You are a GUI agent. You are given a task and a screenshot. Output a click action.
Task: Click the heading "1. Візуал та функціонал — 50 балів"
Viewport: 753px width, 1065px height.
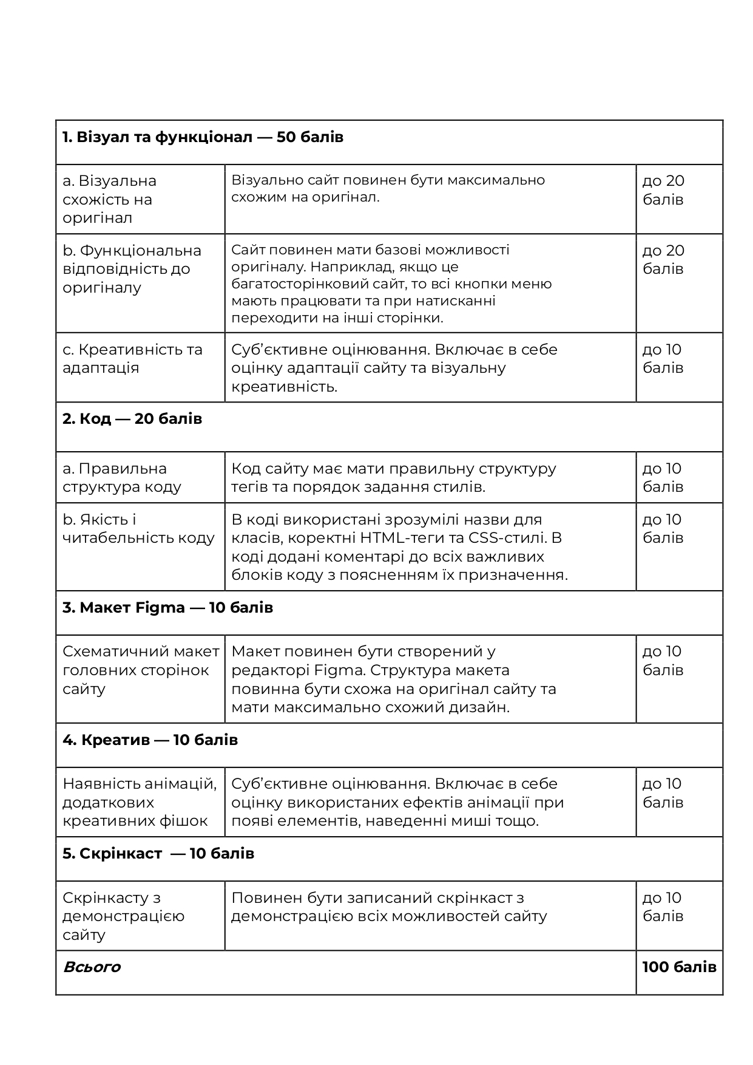203,137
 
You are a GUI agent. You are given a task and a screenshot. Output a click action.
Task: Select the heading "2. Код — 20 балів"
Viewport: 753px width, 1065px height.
132,419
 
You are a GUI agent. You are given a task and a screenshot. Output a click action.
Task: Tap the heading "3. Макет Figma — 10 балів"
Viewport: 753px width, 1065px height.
167,608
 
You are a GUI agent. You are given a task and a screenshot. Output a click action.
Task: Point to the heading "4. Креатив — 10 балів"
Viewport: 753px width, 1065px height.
150,740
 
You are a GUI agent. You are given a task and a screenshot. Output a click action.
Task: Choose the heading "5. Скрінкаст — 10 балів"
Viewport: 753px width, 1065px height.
158,854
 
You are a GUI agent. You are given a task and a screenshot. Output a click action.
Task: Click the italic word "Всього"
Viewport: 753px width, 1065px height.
92,967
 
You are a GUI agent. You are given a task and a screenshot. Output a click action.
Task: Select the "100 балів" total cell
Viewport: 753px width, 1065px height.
679,967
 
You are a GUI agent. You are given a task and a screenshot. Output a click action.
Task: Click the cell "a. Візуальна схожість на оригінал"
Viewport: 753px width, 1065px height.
109,199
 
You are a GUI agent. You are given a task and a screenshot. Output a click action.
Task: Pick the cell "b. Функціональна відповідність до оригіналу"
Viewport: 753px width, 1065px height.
132,269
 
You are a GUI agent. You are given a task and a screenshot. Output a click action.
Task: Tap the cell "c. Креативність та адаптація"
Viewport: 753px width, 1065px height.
132,359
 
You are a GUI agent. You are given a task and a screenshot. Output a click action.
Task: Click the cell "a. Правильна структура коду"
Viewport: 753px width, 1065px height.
121,477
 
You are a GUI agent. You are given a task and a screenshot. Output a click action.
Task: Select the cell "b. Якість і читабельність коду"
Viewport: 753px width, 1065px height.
138,529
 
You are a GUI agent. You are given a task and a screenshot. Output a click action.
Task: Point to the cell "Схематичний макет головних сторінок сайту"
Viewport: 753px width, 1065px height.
141,670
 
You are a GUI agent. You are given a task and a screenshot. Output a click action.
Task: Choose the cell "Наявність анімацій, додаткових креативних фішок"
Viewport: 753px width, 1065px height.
140,802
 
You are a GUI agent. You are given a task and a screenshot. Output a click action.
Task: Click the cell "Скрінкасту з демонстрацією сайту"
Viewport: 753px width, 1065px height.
123,916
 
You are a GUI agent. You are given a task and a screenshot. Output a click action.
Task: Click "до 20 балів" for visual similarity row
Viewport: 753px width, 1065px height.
663,190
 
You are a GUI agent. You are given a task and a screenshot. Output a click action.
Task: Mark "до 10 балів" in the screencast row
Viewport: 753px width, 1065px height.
663,907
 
